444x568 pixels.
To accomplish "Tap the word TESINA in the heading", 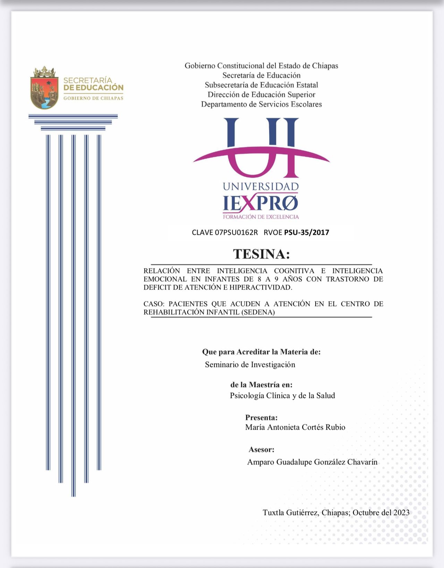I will point(261,254).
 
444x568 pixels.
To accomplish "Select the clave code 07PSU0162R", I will point(236,232).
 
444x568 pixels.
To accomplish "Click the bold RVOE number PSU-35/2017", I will point(307,232).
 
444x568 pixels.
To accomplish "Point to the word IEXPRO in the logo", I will point(260,203).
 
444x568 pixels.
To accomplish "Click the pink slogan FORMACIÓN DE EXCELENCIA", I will point(261,217).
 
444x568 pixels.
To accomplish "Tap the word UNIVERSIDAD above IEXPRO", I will point(261,187).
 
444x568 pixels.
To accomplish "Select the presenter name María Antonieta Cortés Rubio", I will point(295,427).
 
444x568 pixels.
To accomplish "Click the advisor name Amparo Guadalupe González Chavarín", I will point(312,462).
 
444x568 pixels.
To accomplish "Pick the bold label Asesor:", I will point(262,450).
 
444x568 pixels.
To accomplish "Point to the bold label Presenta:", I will point(262,417).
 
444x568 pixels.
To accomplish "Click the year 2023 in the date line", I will point(401,512).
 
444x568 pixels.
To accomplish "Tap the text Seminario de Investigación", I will point(250,365).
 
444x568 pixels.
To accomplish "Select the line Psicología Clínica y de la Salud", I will point(282,396).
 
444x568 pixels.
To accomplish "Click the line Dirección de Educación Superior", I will point(262,95).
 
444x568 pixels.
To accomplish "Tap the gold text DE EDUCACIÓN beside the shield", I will point(93,88).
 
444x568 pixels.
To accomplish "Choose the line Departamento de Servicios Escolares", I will point(262,104).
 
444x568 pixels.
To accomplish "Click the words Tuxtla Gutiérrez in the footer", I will point(290,512).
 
